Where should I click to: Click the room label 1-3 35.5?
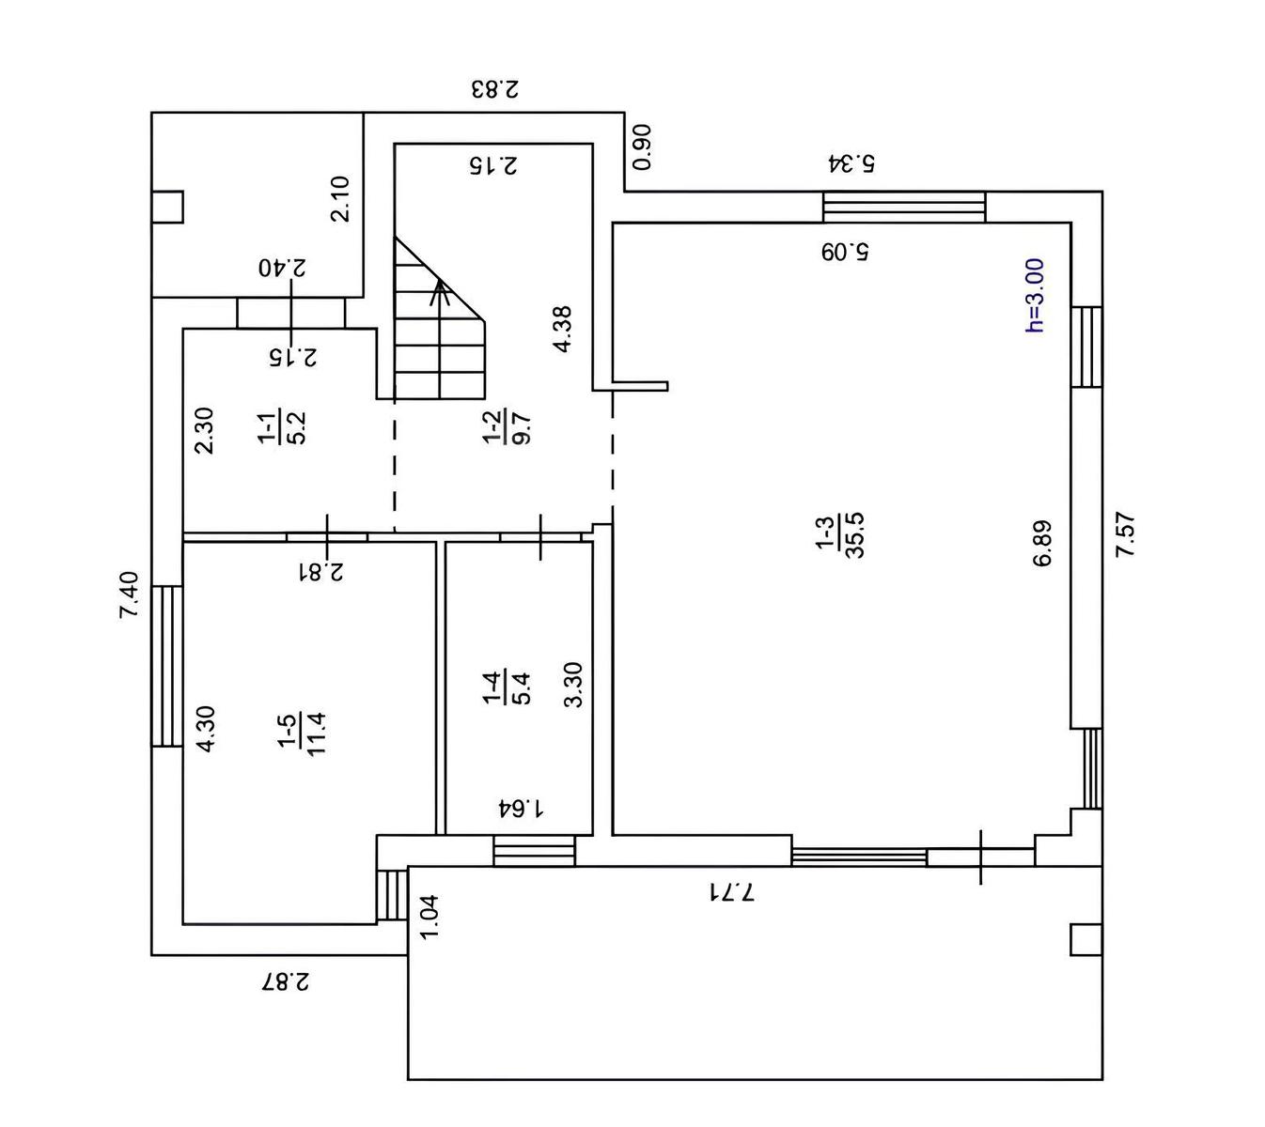tap(841, 535)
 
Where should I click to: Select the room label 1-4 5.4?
tap(508, 687)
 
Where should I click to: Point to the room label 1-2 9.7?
tap(508, 425)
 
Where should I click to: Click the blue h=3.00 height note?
tap(1034, 296)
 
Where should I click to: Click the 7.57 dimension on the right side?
tap(1125, 534)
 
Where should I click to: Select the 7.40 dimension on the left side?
tap(130, 594)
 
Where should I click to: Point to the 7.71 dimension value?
tap(731, 890)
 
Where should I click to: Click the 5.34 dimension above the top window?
tap(851, 162)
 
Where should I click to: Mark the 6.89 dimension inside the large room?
tap(1042, 544)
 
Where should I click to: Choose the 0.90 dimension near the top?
tap(643, 147)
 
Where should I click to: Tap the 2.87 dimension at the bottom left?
tap(285, 982)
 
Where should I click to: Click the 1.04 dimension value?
tap(429, 916)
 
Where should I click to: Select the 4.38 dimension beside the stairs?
tap(562, 329)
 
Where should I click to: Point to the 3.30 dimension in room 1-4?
tap(573, 685)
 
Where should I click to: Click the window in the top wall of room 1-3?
tap(904, 207)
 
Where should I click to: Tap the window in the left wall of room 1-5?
tap(167, 666)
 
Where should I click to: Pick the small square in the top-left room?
tap(167, 207)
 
